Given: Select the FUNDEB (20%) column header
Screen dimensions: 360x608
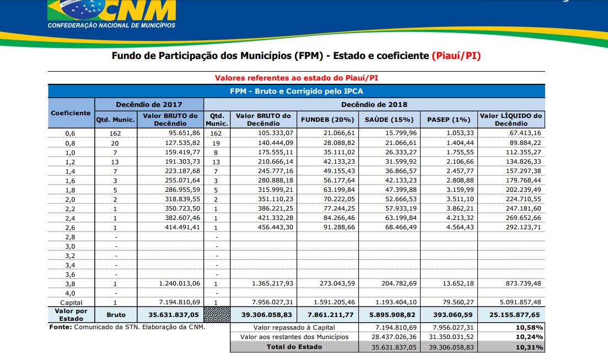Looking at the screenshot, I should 327,120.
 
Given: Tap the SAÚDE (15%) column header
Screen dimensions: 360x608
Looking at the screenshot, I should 389,120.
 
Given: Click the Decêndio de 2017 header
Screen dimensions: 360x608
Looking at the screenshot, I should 149,104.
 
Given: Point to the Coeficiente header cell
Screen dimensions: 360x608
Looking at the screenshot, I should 71,113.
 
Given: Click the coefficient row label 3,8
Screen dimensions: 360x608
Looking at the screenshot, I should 71,283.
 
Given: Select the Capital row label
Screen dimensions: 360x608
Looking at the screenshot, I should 71,303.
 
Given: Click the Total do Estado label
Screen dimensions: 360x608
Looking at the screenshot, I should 293,347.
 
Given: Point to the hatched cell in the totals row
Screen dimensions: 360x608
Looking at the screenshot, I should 217,315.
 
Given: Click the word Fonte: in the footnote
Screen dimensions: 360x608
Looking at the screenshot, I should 60,327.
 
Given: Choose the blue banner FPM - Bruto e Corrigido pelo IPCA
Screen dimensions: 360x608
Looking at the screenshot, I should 296,91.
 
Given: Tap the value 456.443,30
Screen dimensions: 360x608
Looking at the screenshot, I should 272,227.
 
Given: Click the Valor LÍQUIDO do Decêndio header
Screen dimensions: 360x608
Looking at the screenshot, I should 511,119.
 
